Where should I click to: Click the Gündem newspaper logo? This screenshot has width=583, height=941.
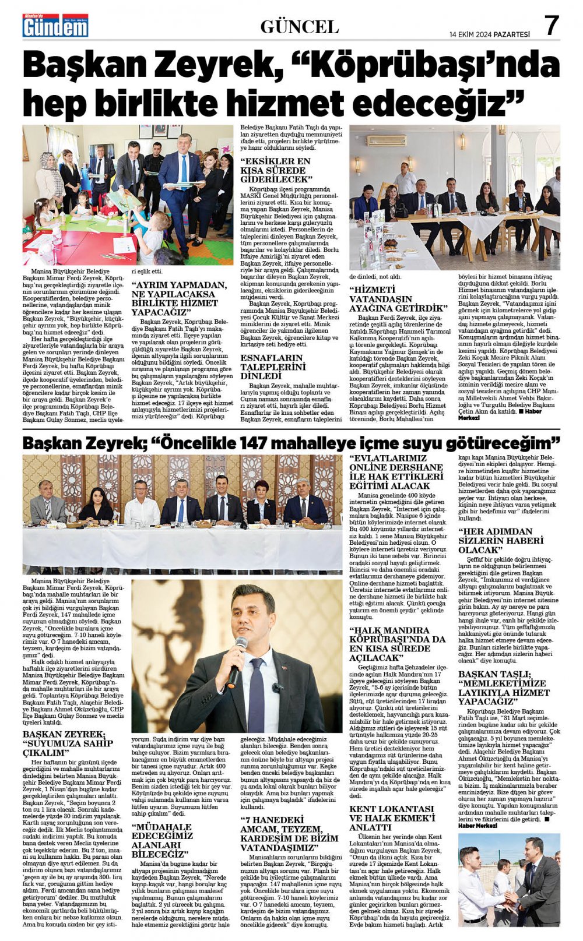point(55,26)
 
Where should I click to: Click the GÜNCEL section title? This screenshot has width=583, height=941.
point(299,27)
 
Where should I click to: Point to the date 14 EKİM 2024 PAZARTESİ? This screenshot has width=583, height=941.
point(490,34)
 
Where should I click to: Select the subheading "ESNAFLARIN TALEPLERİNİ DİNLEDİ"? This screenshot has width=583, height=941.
point(273,366)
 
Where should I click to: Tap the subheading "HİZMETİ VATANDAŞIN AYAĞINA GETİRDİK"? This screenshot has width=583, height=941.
point(398,298)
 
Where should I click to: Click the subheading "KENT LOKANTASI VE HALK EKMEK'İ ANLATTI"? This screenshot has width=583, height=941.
point(392,817)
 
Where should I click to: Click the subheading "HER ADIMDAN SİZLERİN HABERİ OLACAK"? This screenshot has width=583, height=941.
point(495,540)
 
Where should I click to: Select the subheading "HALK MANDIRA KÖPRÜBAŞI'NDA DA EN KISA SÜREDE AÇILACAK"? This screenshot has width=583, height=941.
point(397,644)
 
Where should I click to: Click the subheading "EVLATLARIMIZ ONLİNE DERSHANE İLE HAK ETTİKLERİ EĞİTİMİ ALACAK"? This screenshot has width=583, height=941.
point(396,472)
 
